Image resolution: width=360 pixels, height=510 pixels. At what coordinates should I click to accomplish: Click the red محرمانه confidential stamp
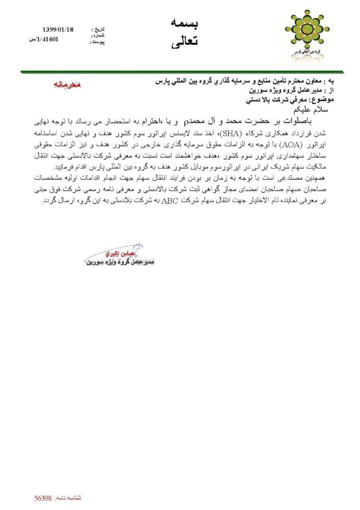click(x=68, y=84)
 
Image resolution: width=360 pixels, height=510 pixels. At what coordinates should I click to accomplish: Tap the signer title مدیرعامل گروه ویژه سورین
click(x=122, y=261)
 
